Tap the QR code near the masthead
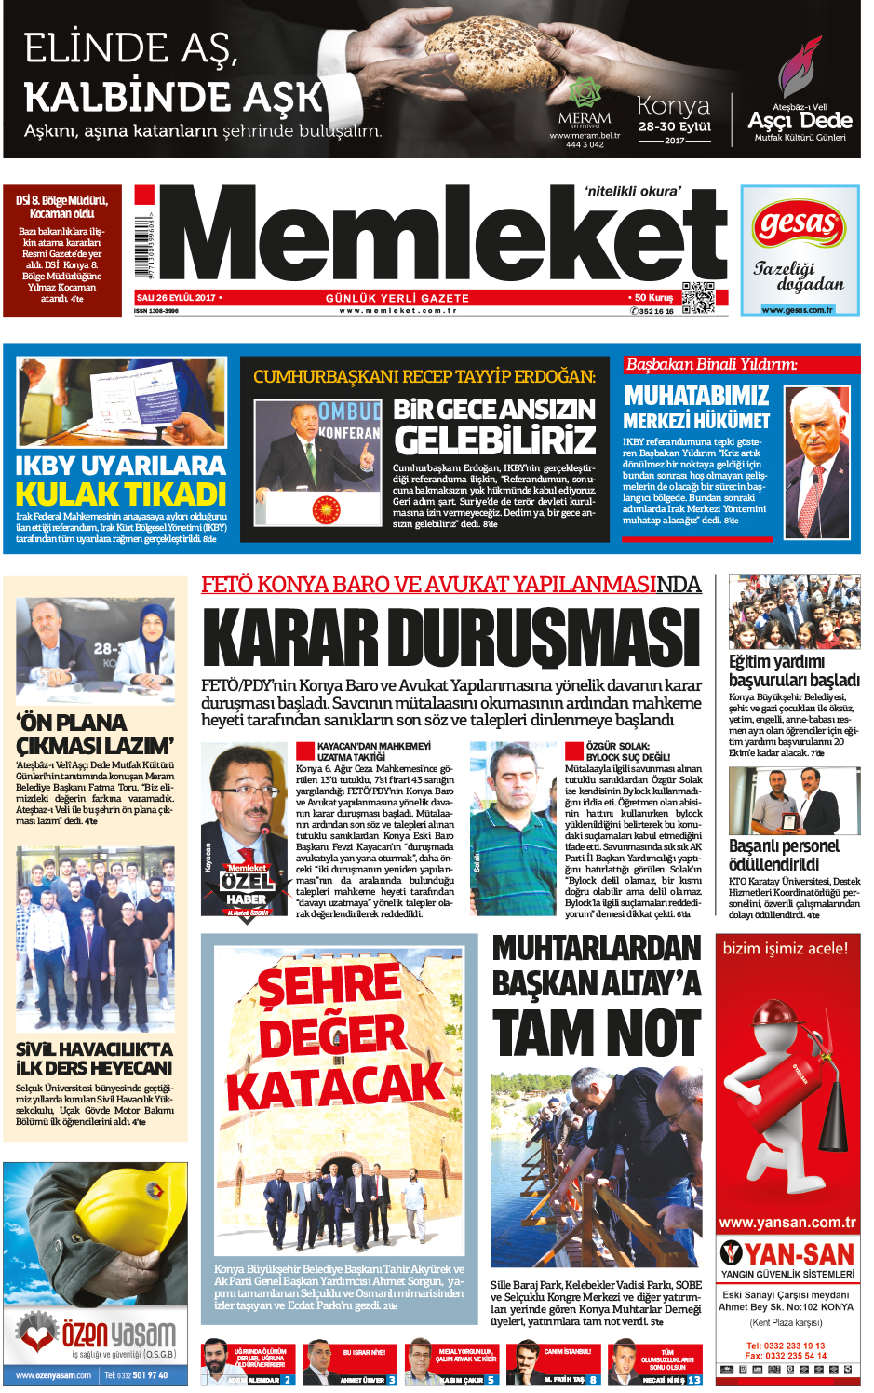(697, 298)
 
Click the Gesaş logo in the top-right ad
(798, 224)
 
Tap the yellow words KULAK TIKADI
(121, 494)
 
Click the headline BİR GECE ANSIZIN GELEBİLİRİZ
(493, 426)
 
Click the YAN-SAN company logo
(787, 1253)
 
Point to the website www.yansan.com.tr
(787, 1223)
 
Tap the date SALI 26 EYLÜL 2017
(177, 298)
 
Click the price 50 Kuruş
(653, 298)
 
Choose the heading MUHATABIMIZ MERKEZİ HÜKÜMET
(696, 408)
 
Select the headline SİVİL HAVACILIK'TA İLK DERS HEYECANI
(94, 1059)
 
